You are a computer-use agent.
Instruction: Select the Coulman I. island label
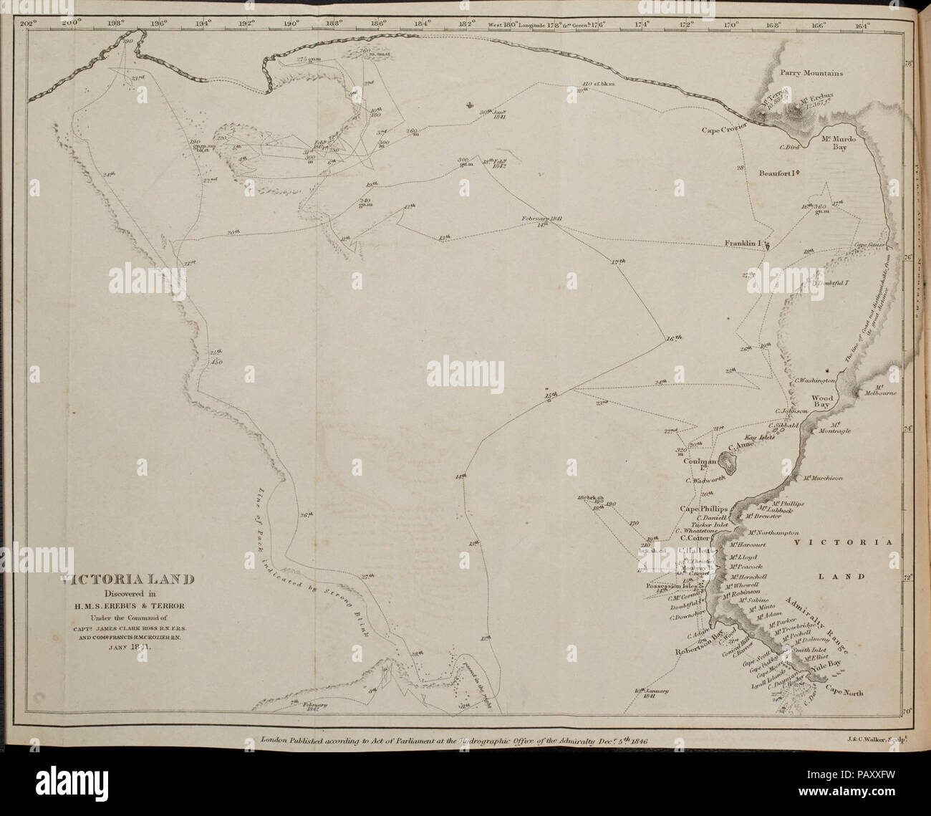tap(695, 466)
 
